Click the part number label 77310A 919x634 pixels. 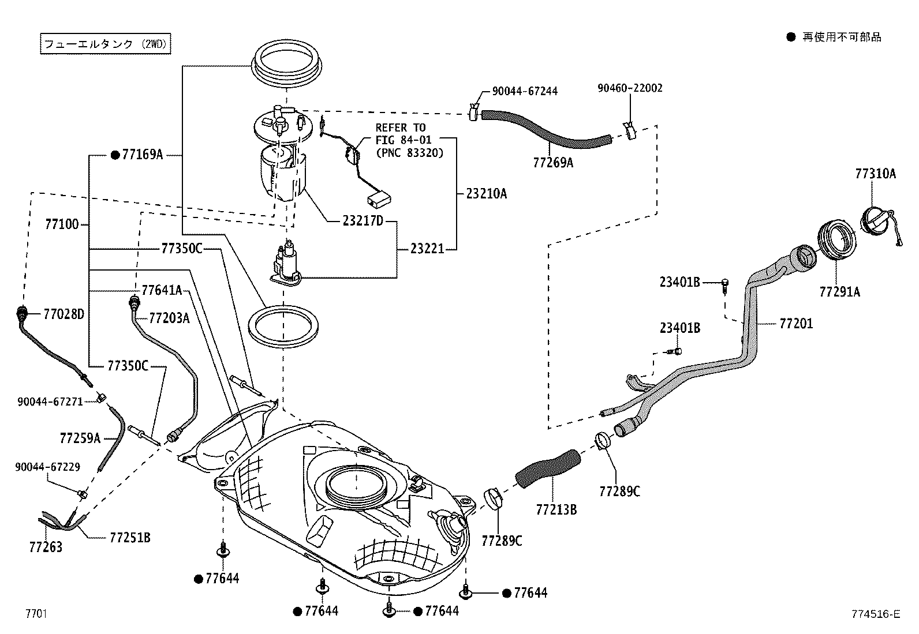pyautogui.click(x=875, y=173)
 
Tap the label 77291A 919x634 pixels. pyautogui.click(x=839, y=292)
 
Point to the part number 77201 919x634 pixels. pyautogui.click(x=795, y=324)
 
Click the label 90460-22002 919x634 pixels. pyautogui.click(x=630, y=88)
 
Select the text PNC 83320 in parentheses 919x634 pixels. pyautogui.click(x=409, y=153)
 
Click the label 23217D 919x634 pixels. pyautogui.click(x=362, y=221)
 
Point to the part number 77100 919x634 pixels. pyautogui.click(x=61, y=224)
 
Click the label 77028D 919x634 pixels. pyautogui.click(x=63, y=314)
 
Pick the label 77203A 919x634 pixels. pyautogui.click(x=169, y=318)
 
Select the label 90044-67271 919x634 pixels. pyautogui.click(x=50, y=401)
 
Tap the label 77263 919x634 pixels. pyautogui.click(x=45, y=546)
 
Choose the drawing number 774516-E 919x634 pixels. pyautogui.click(x=875, y=614)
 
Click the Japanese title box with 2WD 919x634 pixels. pyautogui.click(x=106, y=44)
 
